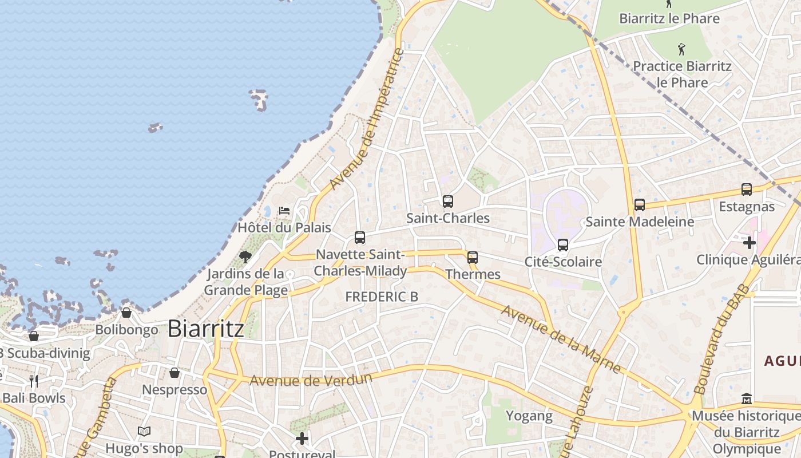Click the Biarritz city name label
[x=206, y=329]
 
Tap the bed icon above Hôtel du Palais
[x=284, y=211]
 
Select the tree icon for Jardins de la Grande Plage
[x=245, y=257]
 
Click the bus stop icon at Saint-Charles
[x=447, y=202]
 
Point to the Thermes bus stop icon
[x=472, y=258]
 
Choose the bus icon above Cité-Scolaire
[x=563, y=245]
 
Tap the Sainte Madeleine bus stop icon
[x=639, y=205]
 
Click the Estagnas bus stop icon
[x=746, y=189]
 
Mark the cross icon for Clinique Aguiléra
[x=749, y=243]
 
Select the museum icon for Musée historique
[x=746, y=398]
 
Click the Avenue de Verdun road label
[x=311, y=380]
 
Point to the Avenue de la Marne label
[x=561, y=339]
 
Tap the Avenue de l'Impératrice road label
[x=367, y=120]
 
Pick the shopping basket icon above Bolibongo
[x=126, y=313]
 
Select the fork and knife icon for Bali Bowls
[x=34, y=381]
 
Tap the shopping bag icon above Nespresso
[x=175, y=373]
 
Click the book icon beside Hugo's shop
[x=144, y=431]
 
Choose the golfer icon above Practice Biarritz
[x=681, y=49]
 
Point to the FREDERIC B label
[x=382, y=297]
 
